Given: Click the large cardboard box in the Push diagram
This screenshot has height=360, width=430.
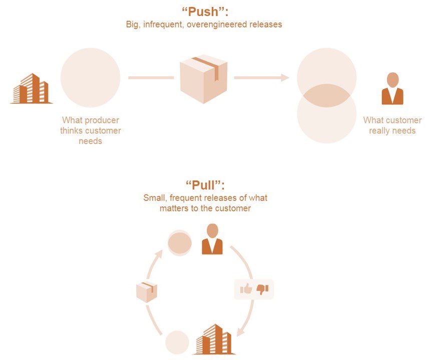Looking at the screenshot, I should tap(204, 78).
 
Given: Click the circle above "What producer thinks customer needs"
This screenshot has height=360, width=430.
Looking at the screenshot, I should tap(90, 77).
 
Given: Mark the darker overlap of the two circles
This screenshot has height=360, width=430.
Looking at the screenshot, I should tap(326, 95).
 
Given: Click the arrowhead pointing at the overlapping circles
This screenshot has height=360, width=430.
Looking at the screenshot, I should tap(285, 77).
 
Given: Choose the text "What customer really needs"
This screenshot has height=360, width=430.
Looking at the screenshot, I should tap(392, 125).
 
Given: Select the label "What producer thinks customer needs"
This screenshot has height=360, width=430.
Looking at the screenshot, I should tap(91, 130).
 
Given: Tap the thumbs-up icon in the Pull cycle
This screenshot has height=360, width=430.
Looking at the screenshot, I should tap(246, 289).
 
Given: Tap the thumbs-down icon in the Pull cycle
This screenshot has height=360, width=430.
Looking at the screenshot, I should tap(262, 289).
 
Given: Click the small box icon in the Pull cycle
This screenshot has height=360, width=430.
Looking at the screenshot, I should tap(147, 291).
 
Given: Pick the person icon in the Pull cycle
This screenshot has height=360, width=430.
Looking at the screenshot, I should tap(212, 239).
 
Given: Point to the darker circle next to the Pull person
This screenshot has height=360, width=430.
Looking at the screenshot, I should tap(179, 242).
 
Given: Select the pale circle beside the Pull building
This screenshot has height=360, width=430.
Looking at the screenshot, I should tap(177, 343).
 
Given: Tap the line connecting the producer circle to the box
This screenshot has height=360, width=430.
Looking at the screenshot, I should tap(151, 77).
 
